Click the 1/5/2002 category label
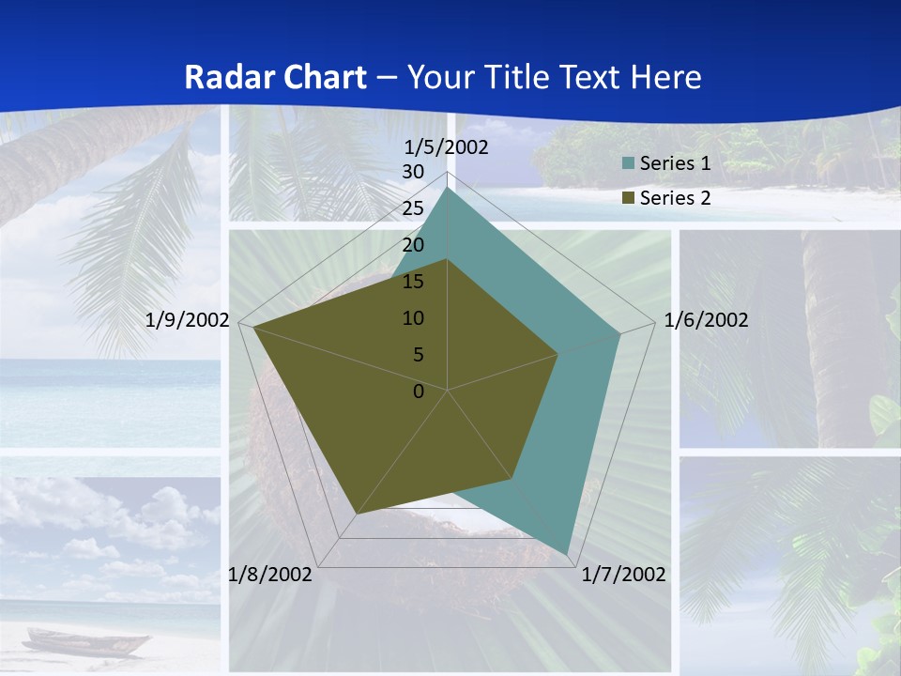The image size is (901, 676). click(447, 147)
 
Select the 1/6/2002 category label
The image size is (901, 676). click(706, 320)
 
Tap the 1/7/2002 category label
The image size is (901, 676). click(624, 575)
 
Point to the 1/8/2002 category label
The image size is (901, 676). click(270, 575)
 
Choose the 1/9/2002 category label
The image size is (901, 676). click(188, 320)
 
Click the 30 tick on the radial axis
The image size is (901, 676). click(413, 172)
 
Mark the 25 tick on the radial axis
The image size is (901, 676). click(413, 208)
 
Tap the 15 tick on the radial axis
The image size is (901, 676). click(413, 282)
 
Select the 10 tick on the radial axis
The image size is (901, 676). click(413, 318)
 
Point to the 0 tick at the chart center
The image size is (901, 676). click(419, 392)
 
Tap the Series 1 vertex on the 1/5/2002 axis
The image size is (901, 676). click(448, 188)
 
